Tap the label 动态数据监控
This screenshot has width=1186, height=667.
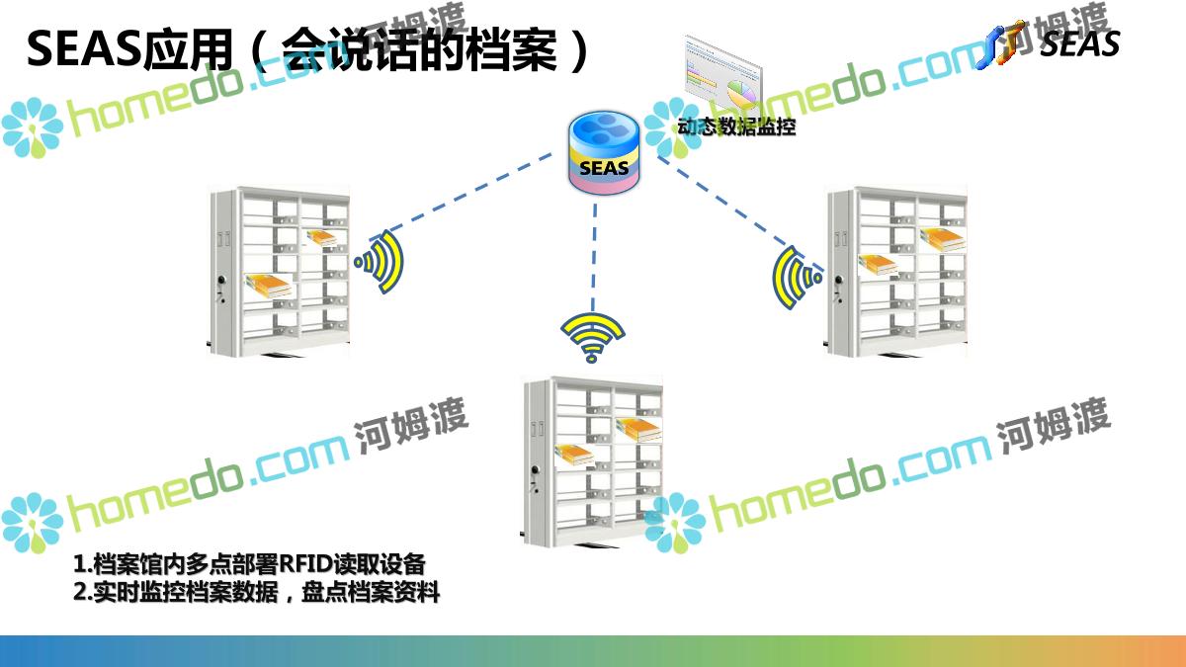tap(736, 126)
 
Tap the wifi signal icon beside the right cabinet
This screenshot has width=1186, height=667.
tap(796, 277)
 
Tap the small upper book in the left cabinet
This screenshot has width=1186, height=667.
tap(321, 237)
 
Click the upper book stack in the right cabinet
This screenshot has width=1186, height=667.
tap(942, 237)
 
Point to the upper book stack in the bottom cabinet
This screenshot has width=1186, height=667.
tap(638, 427)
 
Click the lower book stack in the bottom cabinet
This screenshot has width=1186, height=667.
tap(575, 455)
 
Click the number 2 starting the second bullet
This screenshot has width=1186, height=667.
tap(80, 593)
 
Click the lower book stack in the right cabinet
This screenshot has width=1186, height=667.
tap(878, 264)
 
